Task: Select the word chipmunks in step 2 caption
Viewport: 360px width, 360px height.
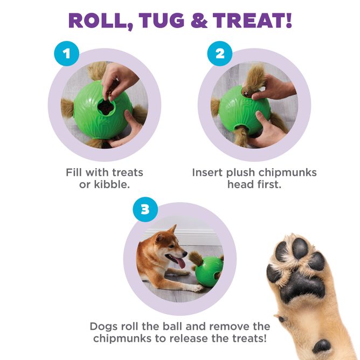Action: [x=288, y=172]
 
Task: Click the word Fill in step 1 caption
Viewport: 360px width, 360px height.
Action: [x=75, y=172]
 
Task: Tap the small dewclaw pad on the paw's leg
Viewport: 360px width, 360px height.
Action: [x=323, y=345]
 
